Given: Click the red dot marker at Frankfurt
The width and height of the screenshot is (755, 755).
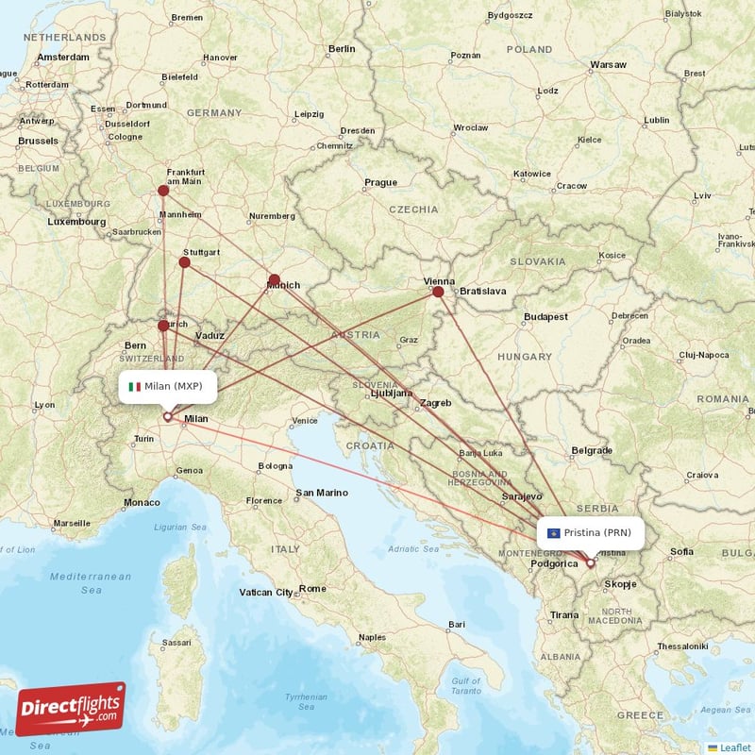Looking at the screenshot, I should click(163, 191).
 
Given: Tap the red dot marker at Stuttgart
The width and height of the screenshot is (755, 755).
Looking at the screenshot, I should click(185, 261).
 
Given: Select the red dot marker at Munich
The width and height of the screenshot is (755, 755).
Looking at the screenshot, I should click(275, 279).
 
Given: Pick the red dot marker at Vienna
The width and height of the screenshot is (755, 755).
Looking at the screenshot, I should click(438, 293).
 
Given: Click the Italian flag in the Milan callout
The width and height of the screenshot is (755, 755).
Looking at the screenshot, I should click(135, 386).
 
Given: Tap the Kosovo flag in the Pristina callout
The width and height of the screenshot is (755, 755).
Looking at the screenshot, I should click(553, 533).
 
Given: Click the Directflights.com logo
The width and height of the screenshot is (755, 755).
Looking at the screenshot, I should click(71, 709).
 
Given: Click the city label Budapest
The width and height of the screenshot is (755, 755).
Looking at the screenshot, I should click(545, 317).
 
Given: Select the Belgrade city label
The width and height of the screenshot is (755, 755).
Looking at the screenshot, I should click(592, 451).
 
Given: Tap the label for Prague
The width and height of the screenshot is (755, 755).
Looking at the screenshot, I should click(380, 182).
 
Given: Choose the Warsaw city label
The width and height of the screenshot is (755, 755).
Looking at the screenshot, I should click(608, 64).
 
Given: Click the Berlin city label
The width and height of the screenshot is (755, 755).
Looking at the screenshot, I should click(342, 48).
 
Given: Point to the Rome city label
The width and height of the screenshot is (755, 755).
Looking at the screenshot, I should click(312, 589).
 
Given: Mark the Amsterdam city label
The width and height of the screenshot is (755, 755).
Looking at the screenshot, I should click(62, 57).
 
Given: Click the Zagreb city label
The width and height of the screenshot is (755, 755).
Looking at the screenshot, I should click(436, 403).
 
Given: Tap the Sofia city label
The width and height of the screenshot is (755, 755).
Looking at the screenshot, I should click(681, 551).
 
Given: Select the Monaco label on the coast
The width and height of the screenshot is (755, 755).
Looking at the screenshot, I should click(143, 502).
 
